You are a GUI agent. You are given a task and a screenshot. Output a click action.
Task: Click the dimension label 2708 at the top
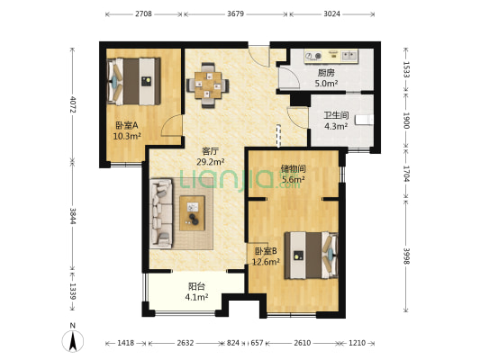point(143,14)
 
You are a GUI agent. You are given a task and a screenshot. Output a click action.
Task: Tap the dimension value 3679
point(235,14)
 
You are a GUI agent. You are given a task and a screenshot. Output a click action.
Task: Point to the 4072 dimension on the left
point(72,104)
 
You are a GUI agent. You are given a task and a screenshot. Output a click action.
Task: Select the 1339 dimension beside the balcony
point(72,292)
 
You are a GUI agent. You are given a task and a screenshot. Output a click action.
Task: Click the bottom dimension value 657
point(257,343)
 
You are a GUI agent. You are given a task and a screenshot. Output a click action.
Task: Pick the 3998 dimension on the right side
point(406,256)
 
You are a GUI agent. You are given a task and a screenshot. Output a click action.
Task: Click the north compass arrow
point(73,341)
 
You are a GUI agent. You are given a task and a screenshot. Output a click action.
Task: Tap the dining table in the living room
point(208,85)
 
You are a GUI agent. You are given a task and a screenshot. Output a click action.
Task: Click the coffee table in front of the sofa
point(192,213)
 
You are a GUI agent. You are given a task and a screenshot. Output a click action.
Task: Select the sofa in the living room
point(161,213)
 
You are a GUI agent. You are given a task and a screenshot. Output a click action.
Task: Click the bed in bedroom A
point(134,81)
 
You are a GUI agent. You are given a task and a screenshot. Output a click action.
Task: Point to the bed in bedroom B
point(311,255)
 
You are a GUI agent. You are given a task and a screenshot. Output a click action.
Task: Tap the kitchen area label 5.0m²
point(326,83)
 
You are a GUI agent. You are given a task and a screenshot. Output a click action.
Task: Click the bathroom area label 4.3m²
point(336,126)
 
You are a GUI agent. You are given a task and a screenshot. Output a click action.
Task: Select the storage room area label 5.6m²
point(293,179)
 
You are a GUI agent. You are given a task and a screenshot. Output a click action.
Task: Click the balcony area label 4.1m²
point(196,297)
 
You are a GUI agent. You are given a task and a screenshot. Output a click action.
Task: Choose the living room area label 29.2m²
point(211,161)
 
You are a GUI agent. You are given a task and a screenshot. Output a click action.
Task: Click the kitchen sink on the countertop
point(349,56)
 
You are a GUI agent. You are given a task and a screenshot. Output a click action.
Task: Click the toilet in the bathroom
point(365,120)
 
